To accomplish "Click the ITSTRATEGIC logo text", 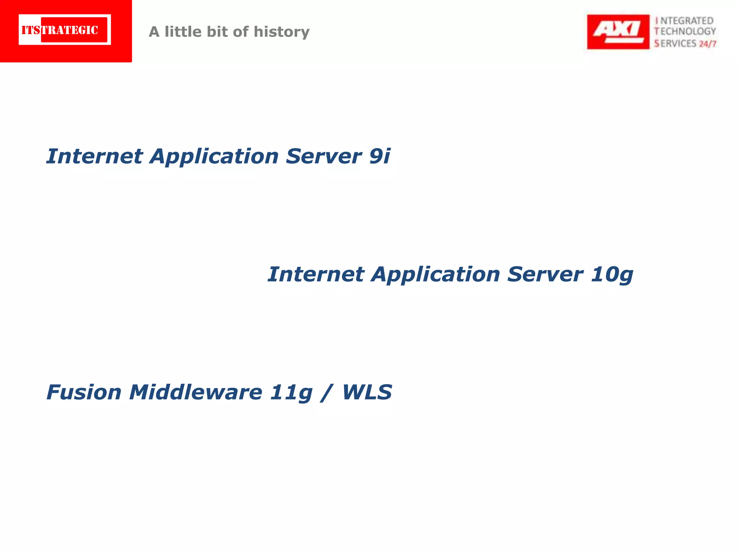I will coord(60,30).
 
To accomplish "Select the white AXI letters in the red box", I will coord(618,29).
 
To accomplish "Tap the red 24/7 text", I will coord(707,44).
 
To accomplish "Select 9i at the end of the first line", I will coord(379,156).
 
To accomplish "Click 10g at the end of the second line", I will coord(612,275).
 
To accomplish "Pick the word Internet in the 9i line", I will coord(94,156).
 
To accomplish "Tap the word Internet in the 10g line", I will coord(316,274).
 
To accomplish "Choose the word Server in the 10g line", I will coord(545,274).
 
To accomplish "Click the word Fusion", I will coord(84,392).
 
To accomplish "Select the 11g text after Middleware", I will coord(291,392).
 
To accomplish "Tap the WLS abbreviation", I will coord(367,392).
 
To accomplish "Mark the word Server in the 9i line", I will coord(324,156).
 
